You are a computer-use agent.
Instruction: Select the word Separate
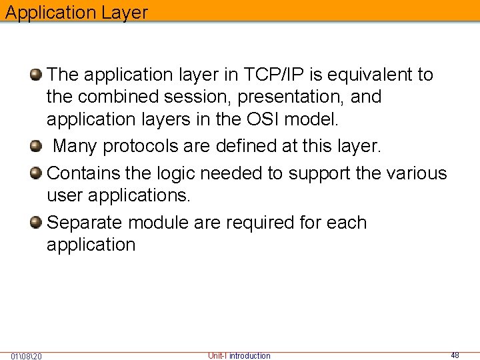coord(85,222)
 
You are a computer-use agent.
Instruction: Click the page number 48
coord(455,355)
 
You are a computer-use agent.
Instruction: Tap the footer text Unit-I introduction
coord(239,355)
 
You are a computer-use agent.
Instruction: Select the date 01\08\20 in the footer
coord(27,356)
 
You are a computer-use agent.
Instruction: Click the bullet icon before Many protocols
coord(37,146)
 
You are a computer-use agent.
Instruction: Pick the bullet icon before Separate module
coord(37,221)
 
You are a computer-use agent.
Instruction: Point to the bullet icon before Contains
coord(37,173)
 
